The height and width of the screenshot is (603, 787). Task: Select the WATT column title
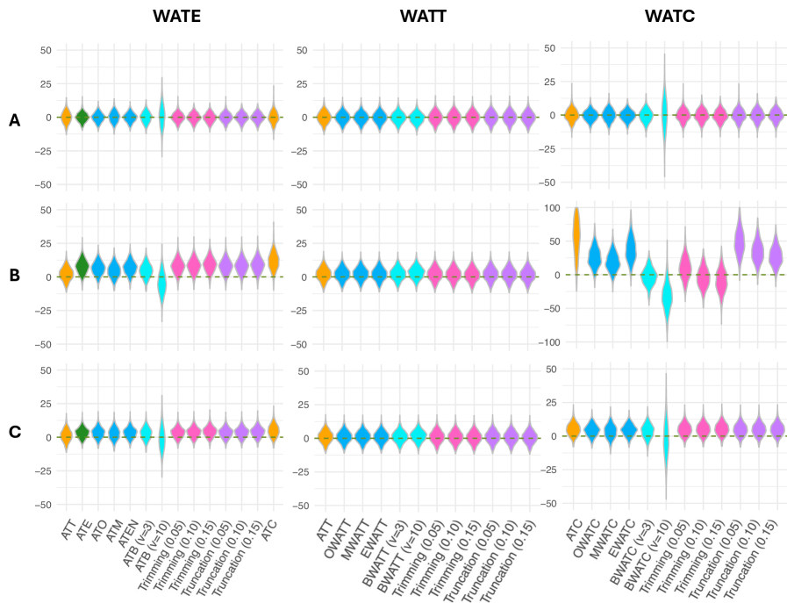[x=423, y=16]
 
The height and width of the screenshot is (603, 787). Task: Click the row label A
[x=14, y=120]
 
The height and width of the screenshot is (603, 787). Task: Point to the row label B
[x=14, y=275]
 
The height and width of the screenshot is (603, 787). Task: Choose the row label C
[x=14, y=432]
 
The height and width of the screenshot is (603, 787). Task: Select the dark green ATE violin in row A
[x=82, y=117]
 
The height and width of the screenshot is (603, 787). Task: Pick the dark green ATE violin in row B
[x=82, y=265]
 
